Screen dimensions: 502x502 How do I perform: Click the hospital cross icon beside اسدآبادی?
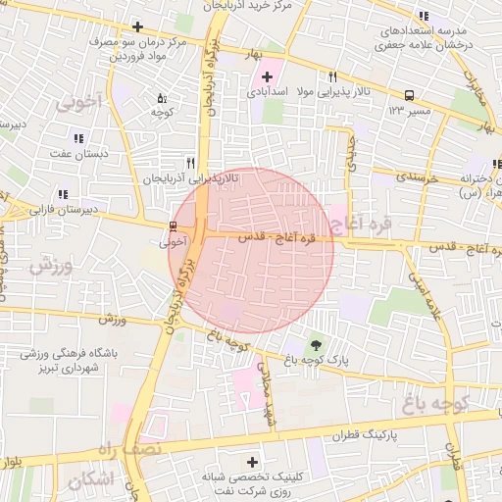[267, 76]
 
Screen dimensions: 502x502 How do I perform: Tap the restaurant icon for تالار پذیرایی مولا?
[333, 77]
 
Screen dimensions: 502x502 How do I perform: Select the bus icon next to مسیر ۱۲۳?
[408, 96]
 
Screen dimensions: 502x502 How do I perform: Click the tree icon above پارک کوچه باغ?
[315, 344]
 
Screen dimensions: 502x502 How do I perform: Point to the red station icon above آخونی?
[174, 226]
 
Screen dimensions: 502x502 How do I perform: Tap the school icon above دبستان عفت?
[78, 138]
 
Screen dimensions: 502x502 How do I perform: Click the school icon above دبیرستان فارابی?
[64, 194]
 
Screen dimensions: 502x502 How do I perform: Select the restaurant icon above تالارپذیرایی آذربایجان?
[190, 164]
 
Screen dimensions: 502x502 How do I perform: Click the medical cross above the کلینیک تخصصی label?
[253, 462]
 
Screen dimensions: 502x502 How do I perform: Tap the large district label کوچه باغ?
[438, 402]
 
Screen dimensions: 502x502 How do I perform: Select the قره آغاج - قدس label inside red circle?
[272, 236]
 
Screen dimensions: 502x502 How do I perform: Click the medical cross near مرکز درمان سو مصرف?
[137, 26]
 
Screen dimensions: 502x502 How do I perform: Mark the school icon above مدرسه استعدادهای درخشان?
[423, 17]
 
